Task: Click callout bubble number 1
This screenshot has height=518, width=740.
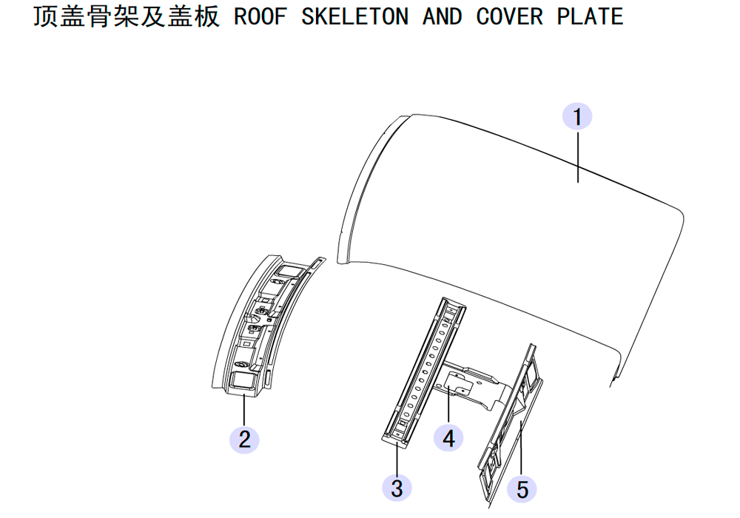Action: (577, 116)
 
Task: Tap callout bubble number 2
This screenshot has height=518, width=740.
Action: (244, 440)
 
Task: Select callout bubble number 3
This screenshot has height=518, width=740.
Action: (397, 488)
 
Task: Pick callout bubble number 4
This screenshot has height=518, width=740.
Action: (448, 437)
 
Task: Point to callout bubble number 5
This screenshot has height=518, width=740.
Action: (522, 488)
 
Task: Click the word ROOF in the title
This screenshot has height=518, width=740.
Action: (260, 17)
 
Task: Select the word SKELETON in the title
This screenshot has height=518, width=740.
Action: (355, 17)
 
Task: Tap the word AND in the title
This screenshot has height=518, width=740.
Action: (443, 17)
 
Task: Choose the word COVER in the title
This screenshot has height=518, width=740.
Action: (510, 17)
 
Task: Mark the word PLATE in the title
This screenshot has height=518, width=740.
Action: (591, 17)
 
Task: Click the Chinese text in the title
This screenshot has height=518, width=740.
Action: (126, 17)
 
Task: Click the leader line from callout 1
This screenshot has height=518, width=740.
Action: (578, 157)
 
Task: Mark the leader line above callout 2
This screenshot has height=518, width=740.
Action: (244, 409)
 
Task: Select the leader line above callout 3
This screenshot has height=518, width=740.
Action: (397, 457)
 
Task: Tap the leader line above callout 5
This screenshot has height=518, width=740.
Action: (521, 448)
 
